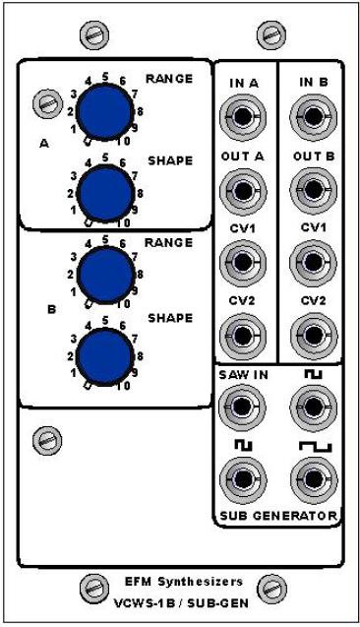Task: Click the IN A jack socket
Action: tap(243, 116)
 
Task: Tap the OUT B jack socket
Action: tap(313, 189)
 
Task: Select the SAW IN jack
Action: tap(243, 407)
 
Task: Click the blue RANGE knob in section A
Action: tap(104, 111)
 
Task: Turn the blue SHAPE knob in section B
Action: tap(104, 357)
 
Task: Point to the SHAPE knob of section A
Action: tap(104, 193)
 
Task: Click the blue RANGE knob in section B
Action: tap(104, 275)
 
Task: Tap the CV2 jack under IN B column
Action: tap(313, 335)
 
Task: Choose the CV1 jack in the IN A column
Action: tap(243, 262)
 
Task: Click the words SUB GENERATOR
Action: tap(278, 516)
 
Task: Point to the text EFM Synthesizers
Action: tap(184, 582)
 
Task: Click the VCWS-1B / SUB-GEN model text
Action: tap(182, 602)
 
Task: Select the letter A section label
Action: tap(44, 144)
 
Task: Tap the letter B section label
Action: tap(51, 309)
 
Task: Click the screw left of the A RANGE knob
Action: tap(47, 103)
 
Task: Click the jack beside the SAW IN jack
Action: tap(313, 407)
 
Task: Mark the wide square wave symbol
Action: tap(316, 446)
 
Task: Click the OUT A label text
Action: tap(243, 157)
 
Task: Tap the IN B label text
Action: tap(314, 82)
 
